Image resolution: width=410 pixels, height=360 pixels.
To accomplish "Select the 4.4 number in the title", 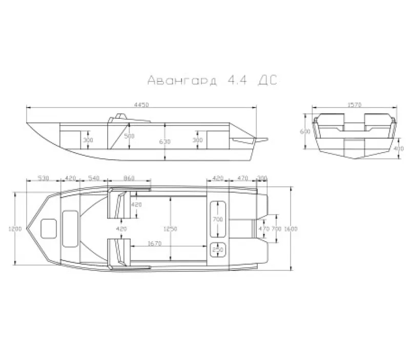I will pos(232,80).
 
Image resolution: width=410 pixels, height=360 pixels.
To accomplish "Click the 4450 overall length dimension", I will pos(141,104).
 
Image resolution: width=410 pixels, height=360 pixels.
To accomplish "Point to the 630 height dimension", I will pos(163,141).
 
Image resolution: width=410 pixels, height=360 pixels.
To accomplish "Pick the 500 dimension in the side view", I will pos(130,136).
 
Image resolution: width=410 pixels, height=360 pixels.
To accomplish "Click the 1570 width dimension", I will pos(354,104).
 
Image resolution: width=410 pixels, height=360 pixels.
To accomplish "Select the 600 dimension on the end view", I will pos(306,131).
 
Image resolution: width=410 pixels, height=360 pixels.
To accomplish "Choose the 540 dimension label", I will pos(94,178).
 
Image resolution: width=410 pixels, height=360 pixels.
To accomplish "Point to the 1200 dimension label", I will pos(15,229).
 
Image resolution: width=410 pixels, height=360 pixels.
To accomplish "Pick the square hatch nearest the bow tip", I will pos(49,227).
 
